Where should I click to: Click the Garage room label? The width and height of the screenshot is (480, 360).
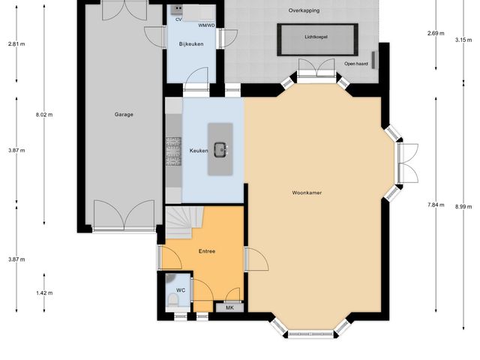tap(124, 115)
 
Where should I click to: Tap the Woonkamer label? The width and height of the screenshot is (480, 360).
tap(307, 193)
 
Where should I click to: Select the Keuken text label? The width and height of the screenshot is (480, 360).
tap(199, 151)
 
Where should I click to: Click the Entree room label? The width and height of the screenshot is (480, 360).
tap(206, 251)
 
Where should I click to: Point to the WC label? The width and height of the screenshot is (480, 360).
tap(181, 289)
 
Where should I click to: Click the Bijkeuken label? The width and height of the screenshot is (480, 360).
tap(190, 45)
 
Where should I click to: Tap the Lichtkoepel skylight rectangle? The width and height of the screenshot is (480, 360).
tap(316, 40)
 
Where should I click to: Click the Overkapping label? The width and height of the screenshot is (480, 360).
tap(304, 10)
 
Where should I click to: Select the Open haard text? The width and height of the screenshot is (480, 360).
tap(356, 64)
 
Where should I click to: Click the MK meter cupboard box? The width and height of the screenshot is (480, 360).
tap(229, 307)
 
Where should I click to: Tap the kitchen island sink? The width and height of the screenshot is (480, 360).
tap(222, 150)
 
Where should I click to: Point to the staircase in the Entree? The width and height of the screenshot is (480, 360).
tap(180, 222)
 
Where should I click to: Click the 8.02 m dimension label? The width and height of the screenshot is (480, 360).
tap(45, 115)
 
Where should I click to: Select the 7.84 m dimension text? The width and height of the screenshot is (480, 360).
tap(436, 205)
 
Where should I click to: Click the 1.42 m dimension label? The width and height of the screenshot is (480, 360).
tap(45, 292)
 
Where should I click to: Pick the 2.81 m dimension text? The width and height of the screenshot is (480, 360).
tap(16, 44)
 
